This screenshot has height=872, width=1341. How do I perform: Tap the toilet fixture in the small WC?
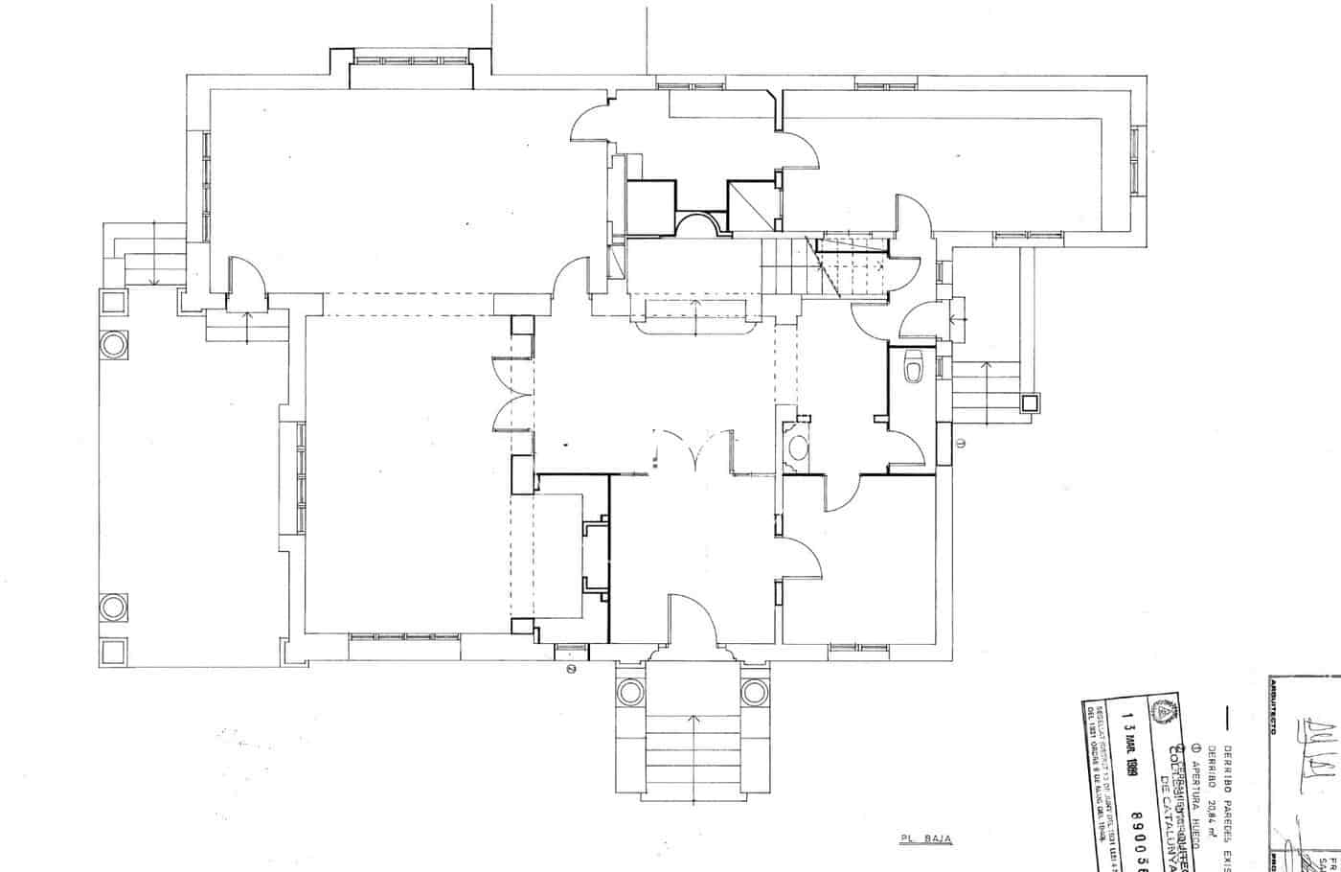pyautogui.click(x=912, y=366)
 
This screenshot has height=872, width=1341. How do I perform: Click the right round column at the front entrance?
pyautogui.click(x=755, y=691)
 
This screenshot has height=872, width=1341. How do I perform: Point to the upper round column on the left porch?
pyautogui.click(x=113, y=343)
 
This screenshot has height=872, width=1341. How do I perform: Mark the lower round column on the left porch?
pyautogui.click(x=113, y=607)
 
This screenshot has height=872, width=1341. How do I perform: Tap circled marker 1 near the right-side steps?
pyautogui.click(x=962, y=443)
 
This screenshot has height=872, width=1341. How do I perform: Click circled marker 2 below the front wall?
pyautogui.click(x=571, y=669)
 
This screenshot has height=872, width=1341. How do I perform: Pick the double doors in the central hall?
pyautogui.click(x=692, y=450)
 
